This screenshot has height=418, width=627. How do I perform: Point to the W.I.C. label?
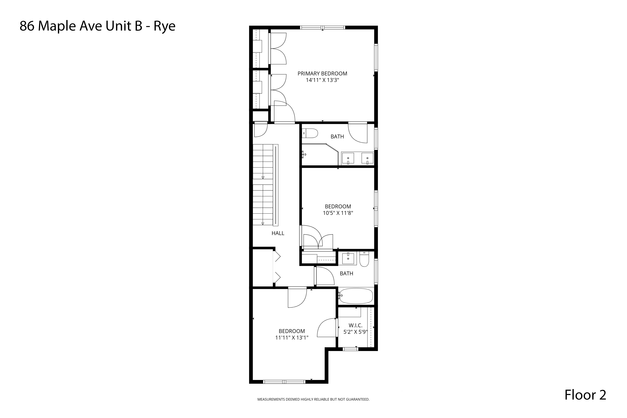[x=355, y=325]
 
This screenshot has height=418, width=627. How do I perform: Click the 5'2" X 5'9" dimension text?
[x=355, y=332]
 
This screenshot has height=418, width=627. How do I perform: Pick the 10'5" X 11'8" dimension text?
[x=338, y=213]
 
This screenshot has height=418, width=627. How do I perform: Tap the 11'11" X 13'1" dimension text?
[x=292, y=338]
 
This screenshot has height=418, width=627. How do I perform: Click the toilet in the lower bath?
[x=364, y=259]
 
